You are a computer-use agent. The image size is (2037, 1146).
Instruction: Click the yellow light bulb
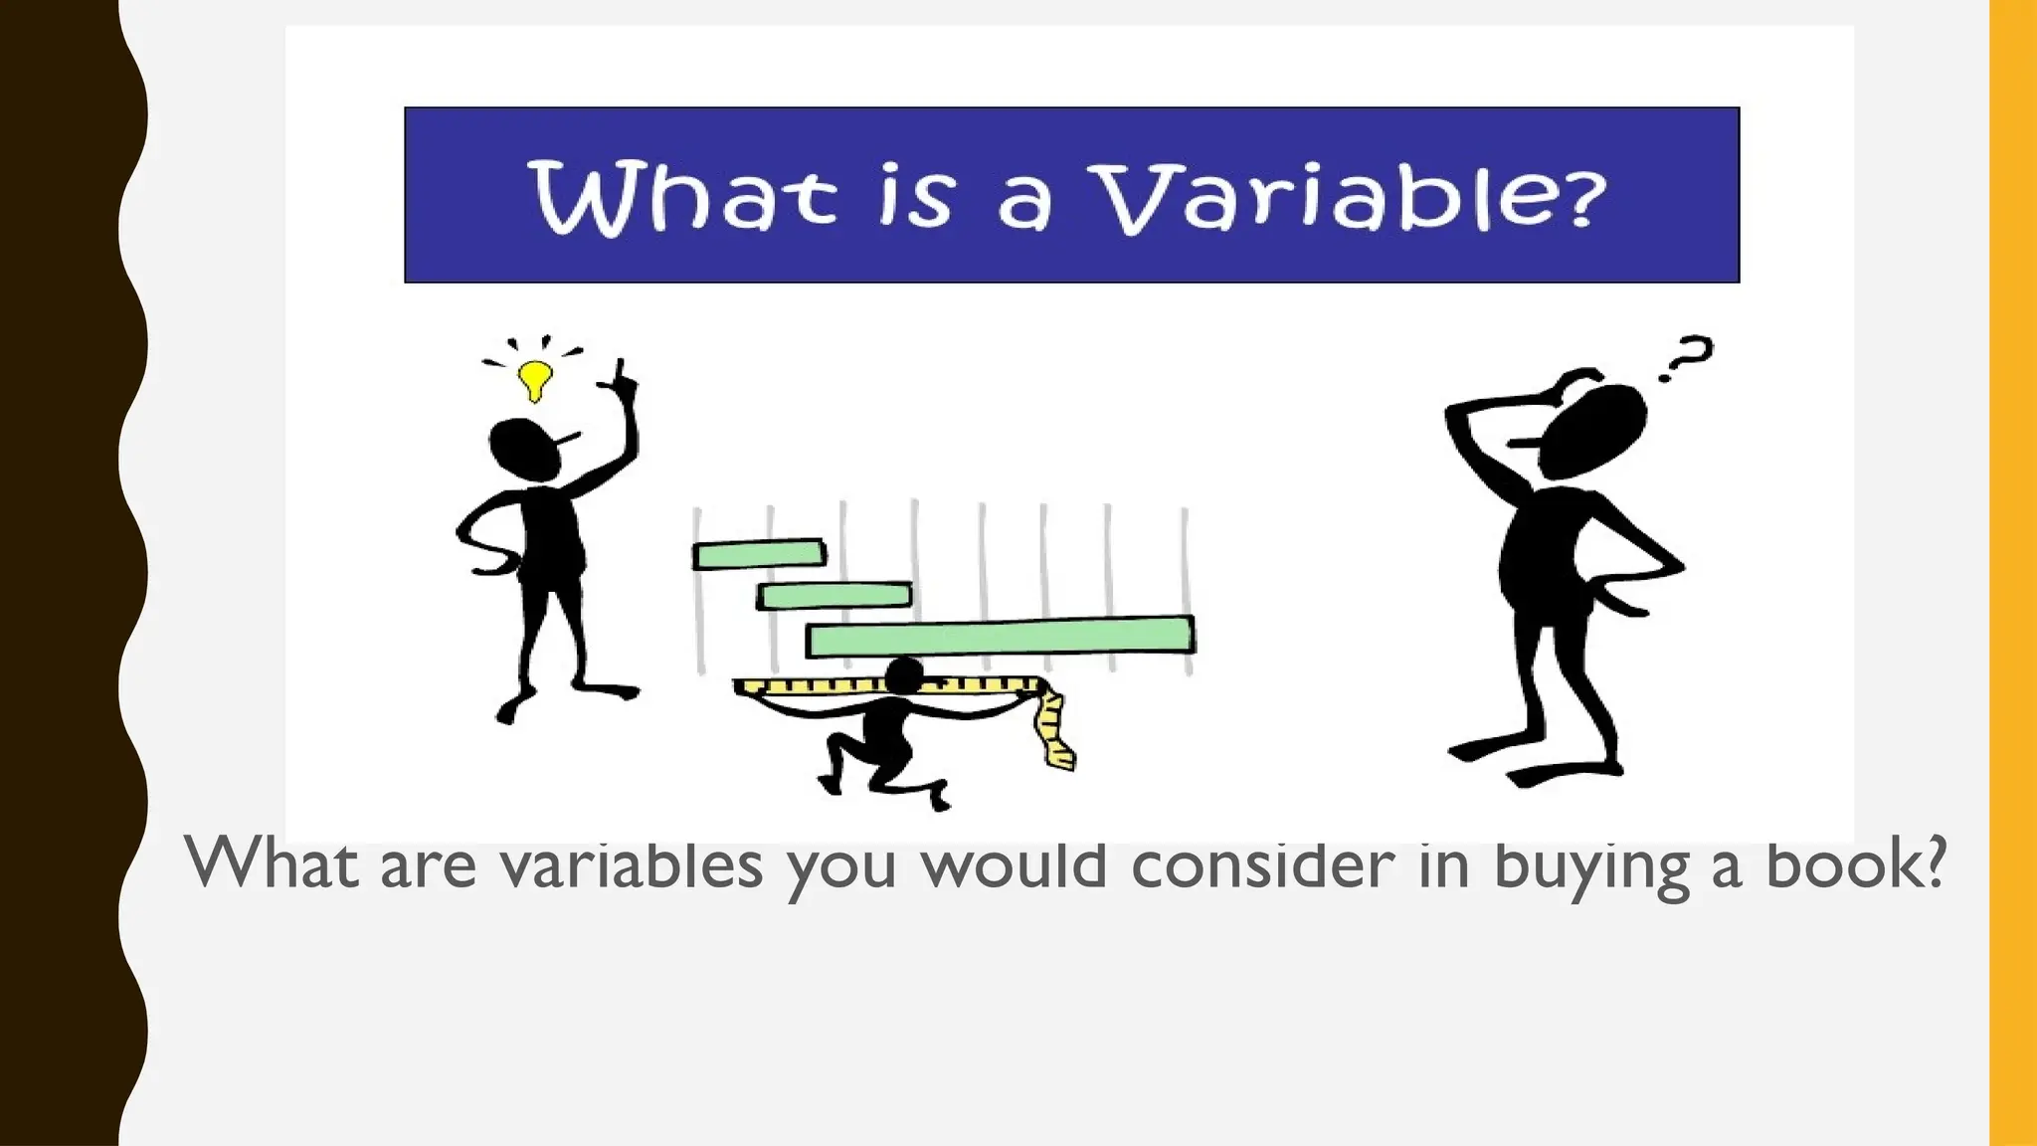point(535,379)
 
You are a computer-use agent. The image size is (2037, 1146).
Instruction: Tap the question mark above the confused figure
point(1686,358)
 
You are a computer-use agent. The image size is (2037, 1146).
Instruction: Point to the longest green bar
point(1001,637)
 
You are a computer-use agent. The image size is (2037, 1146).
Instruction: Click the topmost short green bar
point(759,553)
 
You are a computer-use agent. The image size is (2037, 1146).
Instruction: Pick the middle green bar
point(834,596)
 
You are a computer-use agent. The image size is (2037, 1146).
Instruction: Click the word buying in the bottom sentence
point(1590,865)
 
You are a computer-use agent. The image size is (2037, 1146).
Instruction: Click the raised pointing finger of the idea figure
point(622,373)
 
